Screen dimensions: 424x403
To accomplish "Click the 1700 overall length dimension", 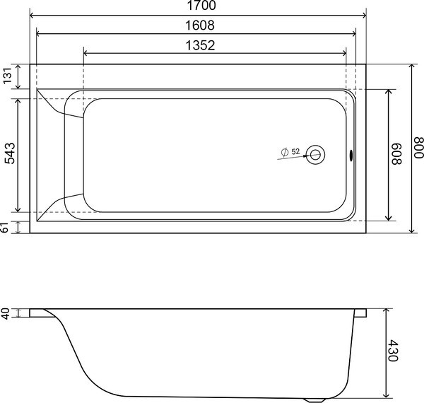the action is [201, 6].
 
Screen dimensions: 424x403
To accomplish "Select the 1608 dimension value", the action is [200, 25].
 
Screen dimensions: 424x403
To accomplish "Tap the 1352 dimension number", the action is [200, 45].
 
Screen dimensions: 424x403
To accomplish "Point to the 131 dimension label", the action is [7, 76].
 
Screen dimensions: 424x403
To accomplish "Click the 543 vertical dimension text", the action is [10, 153].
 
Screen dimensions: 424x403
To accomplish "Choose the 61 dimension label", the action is [6, 228].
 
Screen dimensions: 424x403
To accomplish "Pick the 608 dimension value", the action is [397, 154].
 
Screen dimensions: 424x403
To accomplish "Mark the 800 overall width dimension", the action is [419, 148].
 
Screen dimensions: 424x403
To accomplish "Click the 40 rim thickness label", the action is [6, 313].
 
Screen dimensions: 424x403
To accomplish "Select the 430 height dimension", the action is [393, 351].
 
